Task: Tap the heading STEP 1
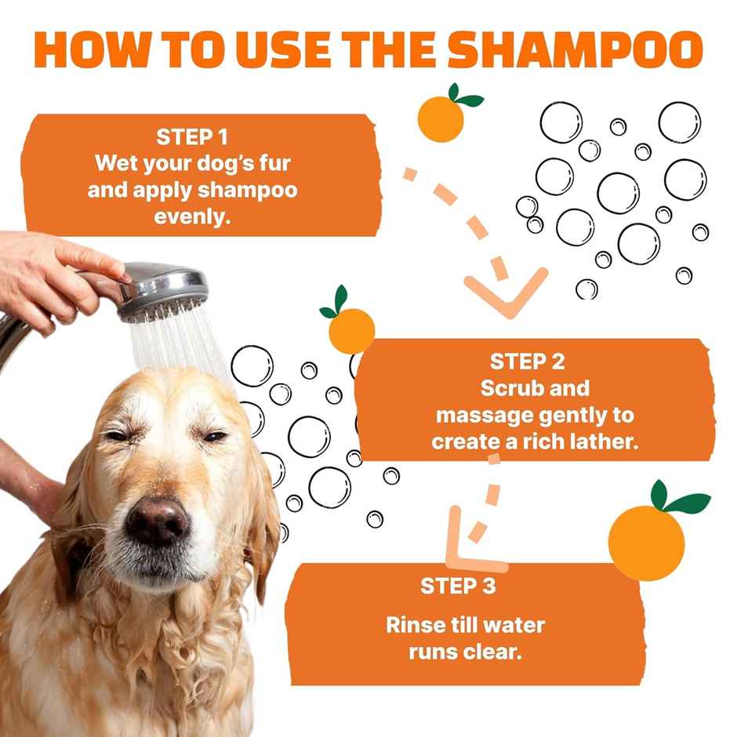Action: (x=192, y=137)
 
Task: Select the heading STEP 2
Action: (x=527, y=361)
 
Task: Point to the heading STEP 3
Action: (x=458, y=586)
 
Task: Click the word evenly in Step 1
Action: (x=192, y=217)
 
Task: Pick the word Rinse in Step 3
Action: (x=415, y=625)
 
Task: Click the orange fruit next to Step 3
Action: (x=647, y=542)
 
